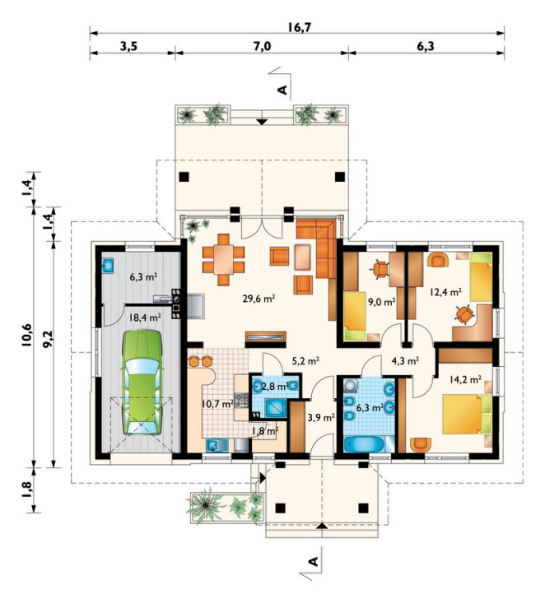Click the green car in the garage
coord(142,383)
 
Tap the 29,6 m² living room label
coord(259,299)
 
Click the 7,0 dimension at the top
coord(262,47)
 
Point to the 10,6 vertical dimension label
coord(26,336)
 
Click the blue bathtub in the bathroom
coord(364,444)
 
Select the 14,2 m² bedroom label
coord(465,380)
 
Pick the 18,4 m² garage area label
coord(145,318)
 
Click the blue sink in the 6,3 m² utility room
coord(107,266)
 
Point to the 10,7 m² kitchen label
coord(217,404)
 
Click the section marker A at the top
coord(282,90)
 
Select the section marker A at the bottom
coord(314,561)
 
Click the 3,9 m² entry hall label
coord(321,417)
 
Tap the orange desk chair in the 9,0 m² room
coord(380,268)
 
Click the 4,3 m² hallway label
coord(405,361)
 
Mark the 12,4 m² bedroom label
coord(445,292)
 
